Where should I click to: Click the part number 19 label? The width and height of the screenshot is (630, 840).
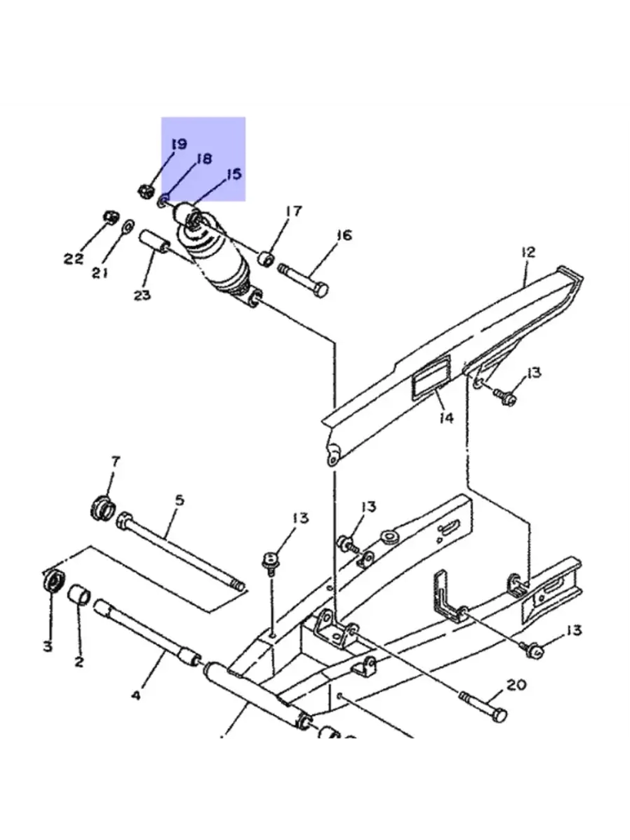(x=179, y=145)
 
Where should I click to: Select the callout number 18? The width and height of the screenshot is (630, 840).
(x=204, y=159)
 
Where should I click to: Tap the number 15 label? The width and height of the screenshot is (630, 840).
(x=234, y=174)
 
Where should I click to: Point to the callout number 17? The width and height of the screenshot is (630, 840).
(x=294, y=212)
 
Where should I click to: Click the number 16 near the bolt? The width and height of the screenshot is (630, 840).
(x=344, y=235)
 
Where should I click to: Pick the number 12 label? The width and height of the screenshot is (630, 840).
(x=528, y=253)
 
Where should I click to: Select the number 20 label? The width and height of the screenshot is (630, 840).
(x=517, y=685)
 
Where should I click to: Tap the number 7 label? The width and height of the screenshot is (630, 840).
(x=115, y=461)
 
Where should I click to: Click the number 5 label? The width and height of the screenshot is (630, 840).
(x=180, y=500)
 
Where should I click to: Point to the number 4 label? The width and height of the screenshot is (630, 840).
(x=136, y=695)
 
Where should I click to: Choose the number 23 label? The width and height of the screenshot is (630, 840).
(x=142, y=295)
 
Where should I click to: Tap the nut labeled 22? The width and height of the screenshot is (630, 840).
(x=112, y=218)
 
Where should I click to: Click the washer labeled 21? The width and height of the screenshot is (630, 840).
(x=128, y=226)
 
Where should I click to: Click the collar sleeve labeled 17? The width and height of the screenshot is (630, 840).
(x=266, y=260)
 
